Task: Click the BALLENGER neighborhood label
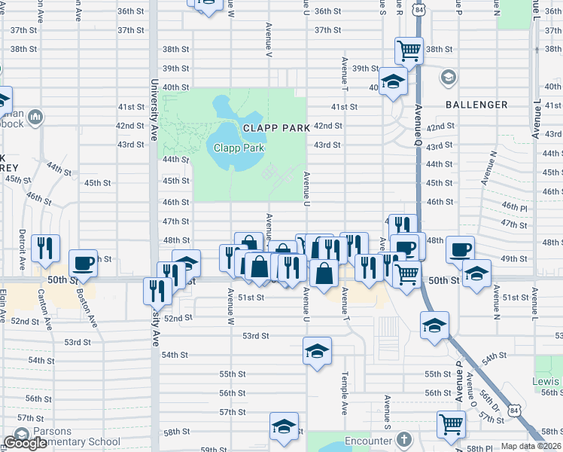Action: pyautogui.click(x=476, y=105)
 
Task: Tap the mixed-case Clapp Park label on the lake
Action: pyautogui.click(x=238, y=148)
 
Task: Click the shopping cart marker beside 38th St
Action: pyautogui.click(x=408, y=51)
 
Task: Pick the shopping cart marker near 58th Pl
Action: pyautogui.click(x=451, y=423)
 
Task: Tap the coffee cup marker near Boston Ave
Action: pyautogui.click(x=83, y=263)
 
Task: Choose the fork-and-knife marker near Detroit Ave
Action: pyautogui.click(x=47, y=249)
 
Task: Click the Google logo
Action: pyautogui.click(x=25, y=443)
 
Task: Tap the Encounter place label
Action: pyautogui.click(x=369, y=441)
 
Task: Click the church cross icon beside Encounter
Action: pyautogui.click(x=403, y=439)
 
